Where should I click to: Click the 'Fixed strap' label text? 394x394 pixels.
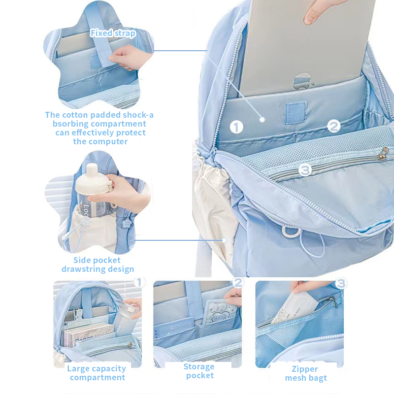(112, 33)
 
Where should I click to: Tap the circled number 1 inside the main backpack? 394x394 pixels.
(237, 127)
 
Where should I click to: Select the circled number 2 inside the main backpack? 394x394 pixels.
(334, 126)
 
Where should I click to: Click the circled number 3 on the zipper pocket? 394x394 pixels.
(305, 170)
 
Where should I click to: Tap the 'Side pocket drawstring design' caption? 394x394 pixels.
(98, 264)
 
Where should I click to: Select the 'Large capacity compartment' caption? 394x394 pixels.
(97, 373)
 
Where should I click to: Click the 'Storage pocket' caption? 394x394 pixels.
(199, 371)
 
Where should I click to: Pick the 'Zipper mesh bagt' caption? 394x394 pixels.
(306, 373)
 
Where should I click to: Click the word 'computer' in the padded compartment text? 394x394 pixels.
(100, 141)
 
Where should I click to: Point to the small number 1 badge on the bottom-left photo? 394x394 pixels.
(140, 282)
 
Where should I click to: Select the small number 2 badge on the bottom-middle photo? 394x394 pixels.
(238, 282)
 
